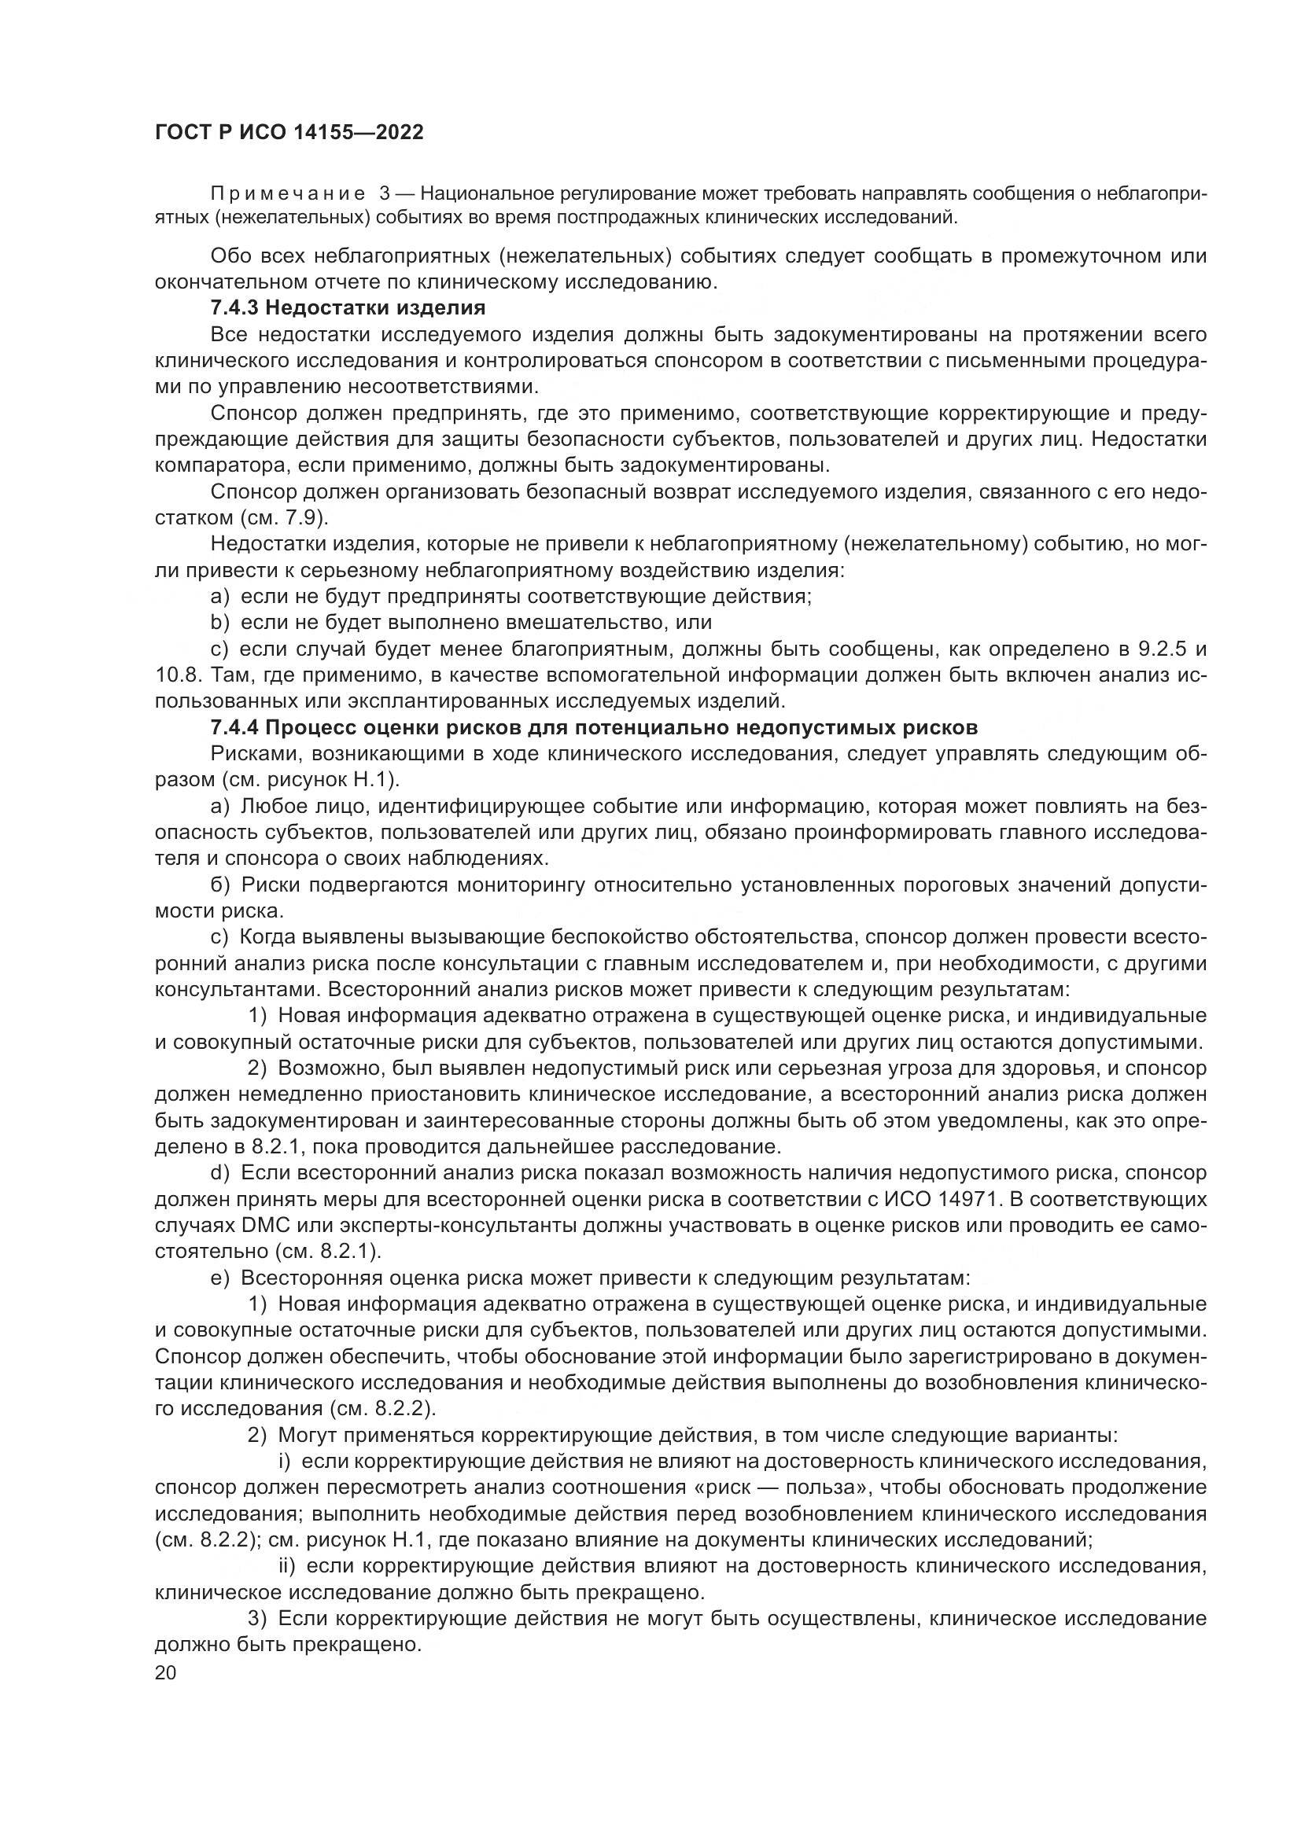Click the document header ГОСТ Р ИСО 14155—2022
click(289, 133)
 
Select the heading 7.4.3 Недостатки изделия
click(348, 307)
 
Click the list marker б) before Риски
click(220, 885)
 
